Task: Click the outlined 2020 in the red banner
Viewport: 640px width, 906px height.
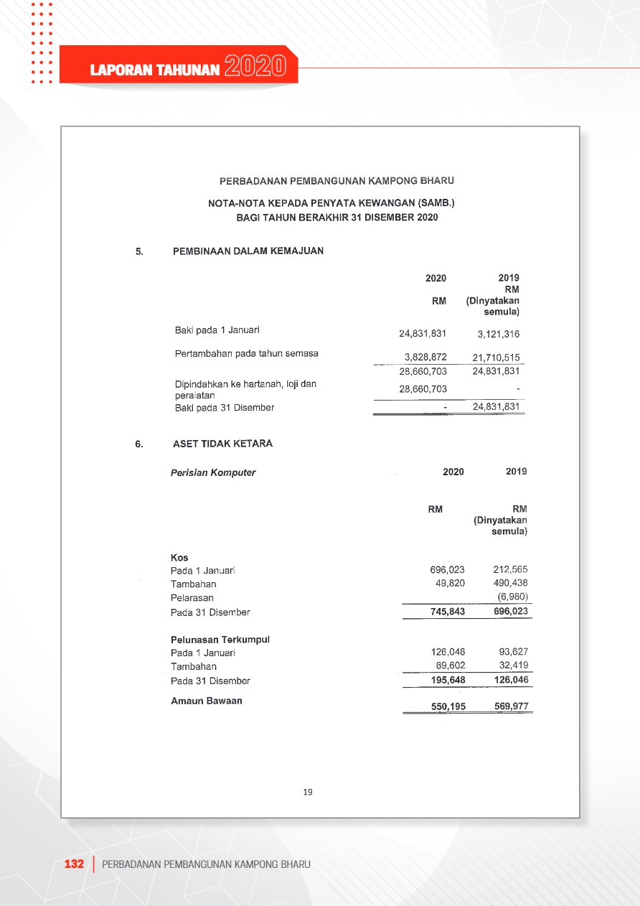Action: pos(255,67)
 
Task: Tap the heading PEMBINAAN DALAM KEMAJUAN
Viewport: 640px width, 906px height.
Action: pos(248,251)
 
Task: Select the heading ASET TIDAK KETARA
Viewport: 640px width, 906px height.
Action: pos(222,444)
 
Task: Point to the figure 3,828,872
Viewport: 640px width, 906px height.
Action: pos(425,358)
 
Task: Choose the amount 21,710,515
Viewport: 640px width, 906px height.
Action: pos(496,358)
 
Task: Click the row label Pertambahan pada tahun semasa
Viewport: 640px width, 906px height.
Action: pos(247,353)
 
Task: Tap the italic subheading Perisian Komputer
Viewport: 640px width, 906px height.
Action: pos(213,472)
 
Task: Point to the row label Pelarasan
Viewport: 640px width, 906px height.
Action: pos(192,597)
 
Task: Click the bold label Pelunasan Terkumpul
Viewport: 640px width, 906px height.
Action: pos(220,639)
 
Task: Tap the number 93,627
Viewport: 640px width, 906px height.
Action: pos(513,652)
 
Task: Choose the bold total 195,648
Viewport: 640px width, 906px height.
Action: pos(447,681)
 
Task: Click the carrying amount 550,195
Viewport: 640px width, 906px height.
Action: pos(448,706)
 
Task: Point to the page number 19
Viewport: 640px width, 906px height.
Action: pos(308,792)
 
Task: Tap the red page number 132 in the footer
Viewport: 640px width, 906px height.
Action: pos(75,864)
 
